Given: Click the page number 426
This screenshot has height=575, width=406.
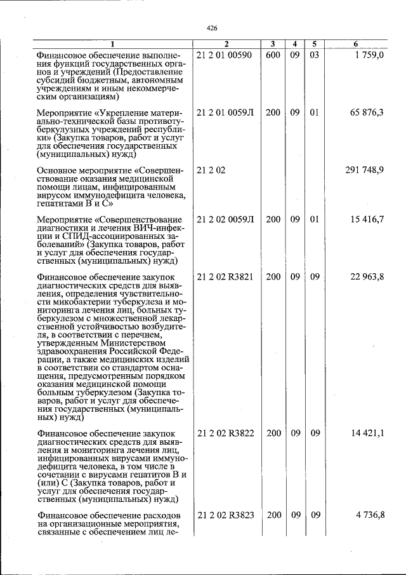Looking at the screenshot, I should click(x=212, y=27).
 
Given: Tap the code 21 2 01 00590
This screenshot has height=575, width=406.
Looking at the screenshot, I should click(x=225, y=55).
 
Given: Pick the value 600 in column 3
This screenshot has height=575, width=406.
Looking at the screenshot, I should click(x=273, y=55).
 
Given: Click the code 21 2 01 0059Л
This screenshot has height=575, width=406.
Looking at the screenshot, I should click(x=225, y=112).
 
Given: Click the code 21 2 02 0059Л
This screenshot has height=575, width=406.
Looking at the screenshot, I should click(x=225, y=219).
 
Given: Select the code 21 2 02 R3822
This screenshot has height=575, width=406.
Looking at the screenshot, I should click(x=226, y=433).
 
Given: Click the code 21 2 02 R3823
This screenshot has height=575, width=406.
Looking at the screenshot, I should click(x=226, y=515).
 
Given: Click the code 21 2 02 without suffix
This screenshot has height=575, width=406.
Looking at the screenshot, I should click(x=211, y=170).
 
